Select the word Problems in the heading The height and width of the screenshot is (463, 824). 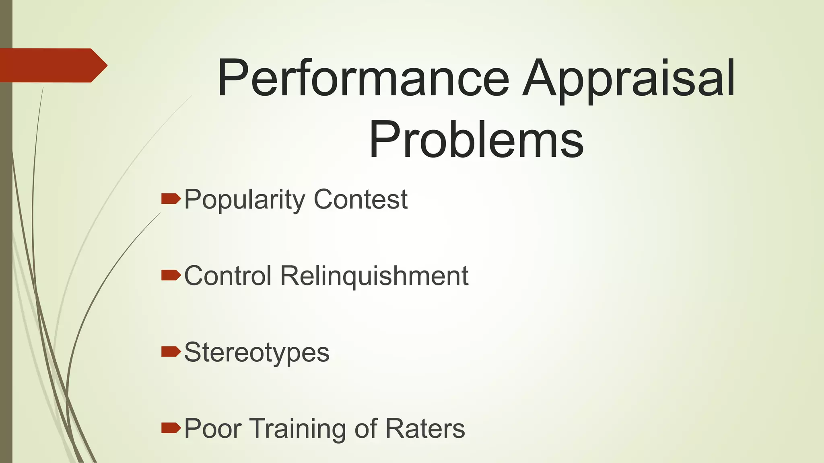(476, 139)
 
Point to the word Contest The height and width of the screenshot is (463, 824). (360, 200)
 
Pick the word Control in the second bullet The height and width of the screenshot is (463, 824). (228, 276)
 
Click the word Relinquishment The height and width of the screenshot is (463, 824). (374, 276)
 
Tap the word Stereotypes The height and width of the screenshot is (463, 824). (257, 352)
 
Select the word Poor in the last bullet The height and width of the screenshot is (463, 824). (213, 428)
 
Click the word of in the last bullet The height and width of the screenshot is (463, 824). (366, 428)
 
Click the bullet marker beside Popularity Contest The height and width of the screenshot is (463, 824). (171, 199)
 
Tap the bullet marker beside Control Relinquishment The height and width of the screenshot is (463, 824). (171, 275)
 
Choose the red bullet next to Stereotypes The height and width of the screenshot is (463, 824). (171, 352)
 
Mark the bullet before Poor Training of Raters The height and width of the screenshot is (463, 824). (171, 428)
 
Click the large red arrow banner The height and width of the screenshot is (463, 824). (52, 65)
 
